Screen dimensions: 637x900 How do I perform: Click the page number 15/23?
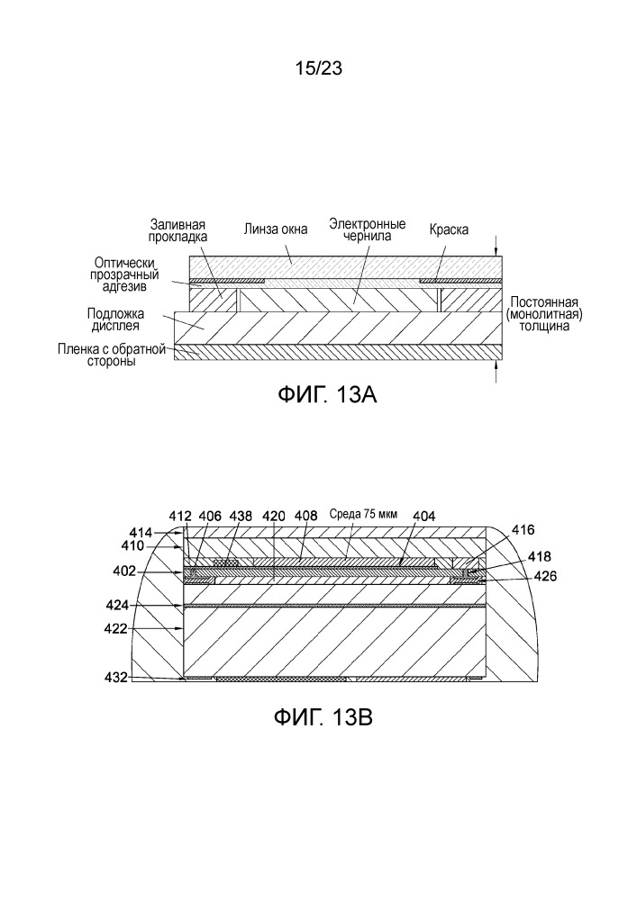tap(318, 68)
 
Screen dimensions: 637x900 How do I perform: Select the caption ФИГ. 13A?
tap(327, 395)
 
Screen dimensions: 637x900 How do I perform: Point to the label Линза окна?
tap(275, 229)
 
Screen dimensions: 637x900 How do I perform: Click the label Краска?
tap(449, 229)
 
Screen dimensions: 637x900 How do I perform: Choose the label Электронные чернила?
tap(367, 229)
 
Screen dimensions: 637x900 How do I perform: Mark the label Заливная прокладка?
tap(177, 230)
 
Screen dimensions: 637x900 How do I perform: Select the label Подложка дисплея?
tap(115, 319)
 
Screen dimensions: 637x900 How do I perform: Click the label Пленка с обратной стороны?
tap(112, 355)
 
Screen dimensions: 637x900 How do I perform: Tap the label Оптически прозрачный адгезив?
tap(124, 274)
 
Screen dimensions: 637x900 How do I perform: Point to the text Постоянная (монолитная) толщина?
tap(544, 314)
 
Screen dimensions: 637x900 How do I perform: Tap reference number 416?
tap(523, 529)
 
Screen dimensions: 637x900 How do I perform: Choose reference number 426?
tap(545, 576)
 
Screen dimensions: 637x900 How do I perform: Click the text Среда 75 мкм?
tap(363, 514)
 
